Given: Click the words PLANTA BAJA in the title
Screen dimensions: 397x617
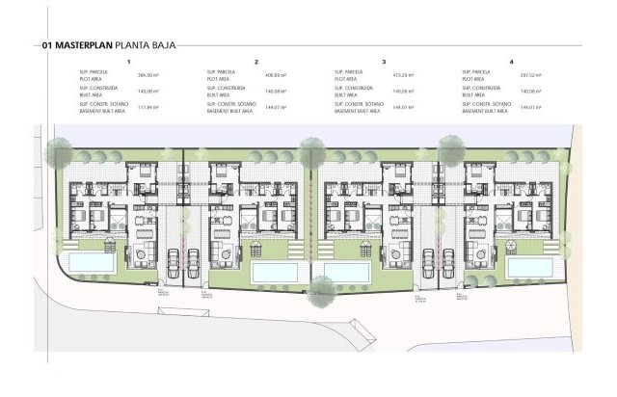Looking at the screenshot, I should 145,44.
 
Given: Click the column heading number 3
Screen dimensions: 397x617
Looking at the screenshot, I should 384,61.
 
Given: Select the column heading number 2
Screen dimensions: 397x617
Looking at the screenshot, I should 256,61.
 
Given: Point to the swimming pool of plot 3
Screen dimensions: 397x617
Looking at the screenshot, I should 348,273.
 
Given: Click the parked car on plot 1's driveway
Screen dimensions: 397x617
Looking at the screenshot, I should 174,259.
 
